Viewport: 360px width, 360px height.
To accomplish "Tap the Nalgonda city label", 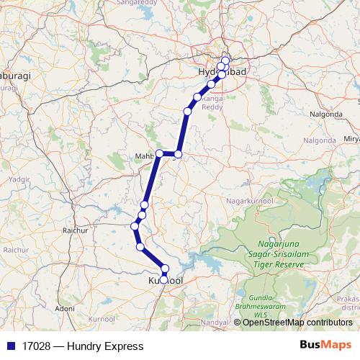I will click(x=326, y=114).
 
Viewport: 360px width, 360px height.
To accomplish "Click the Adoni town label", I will click(x=65, y=307).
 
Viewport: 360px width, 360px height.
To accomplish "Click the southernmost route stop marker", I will click(x=164, y=279).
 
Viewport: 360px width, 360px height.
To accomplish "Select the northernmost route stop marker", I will click(x=225, y=60).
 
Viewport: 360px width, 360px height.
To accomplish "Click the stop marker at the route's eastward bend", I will click(x=179, y=154).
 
